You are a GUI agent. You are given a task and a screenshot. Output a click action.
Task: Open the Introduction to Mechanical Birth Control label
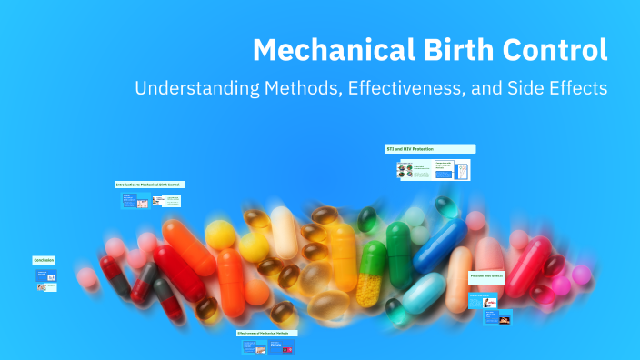149,185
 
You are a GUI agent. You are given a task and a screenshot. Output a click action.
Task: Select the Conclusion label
45,260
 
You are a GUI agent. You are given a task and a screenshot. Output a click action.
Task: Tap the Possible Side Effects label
487,275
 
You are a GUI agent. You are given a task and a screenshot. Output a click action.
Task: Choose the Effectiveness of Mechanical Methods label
267,333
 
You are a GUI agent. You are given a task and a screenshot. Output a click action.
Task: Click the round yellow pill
220,235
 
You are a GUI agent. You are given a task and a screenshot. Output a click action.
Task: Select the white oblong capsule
284,232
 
